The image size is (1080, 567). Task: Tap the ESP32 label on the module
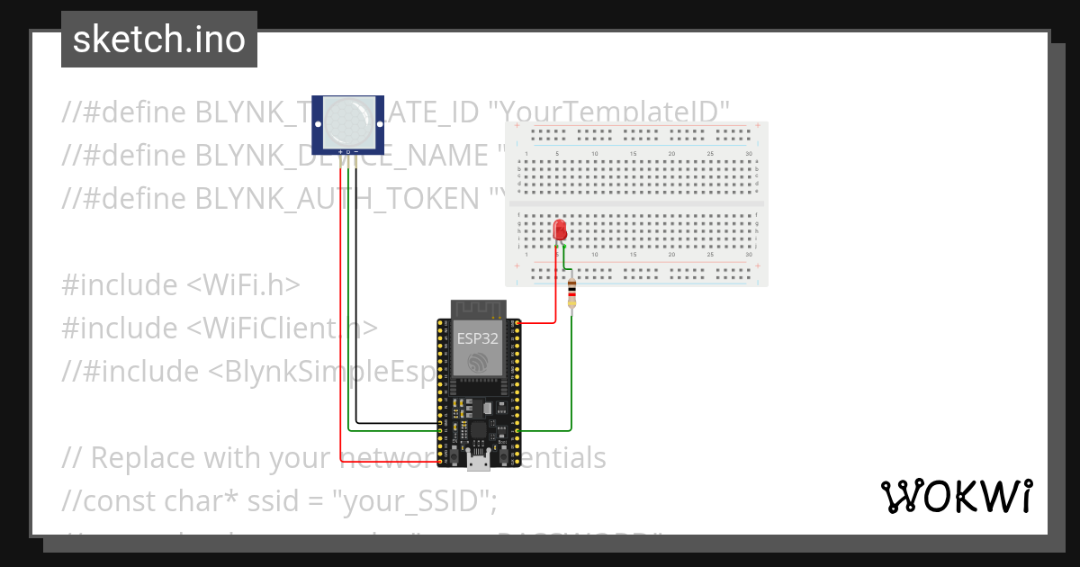[476, 338]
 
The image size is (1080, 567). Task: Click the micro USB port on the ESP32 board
[480, 461]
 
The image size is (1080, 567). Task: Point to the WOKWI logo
[956, 496]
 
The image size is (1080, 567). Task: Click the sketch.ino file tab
[159, 40]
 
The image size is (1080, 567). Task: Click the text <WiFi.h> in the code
[243, 284]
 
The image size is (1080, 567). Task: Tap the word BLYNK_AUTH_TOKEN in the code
[337, 198]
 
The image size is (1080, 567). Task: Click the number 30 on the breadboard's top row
[749, 154]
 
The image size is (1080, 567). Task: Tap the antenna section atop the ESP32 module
[479, 309]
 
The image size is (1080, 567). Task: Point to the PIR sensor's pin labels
[347, 151]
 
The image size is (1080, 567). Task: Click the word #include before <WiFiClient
[121, 328]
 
